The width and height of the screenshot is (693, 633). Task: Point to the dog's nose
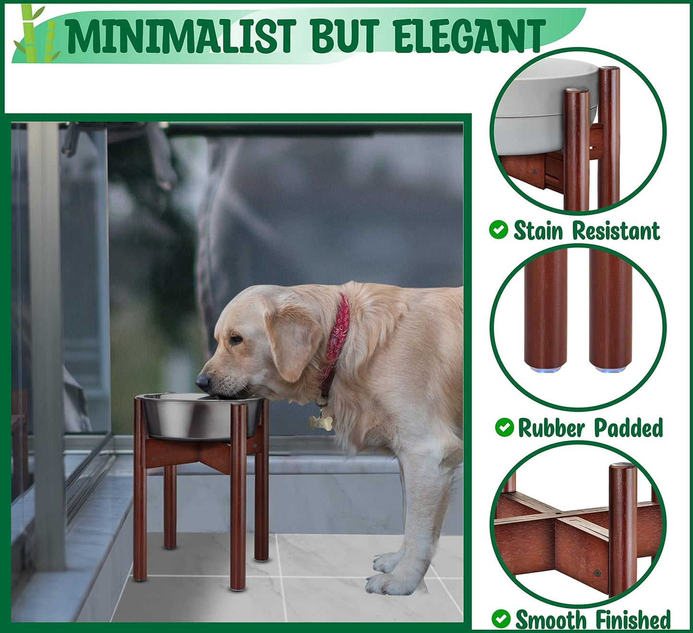click(x=202, y=381)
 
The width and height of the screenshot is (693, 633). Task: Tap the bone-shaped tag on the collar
click(x=320, y=422)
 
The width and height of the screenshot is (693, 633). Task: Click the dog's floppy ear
click(x=288, y=345)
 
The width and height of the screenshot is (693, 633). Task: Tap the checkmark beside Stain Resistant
click(x=499, y=230)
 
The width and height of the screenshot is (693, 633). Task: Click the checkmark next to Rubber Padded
click(x=504, y=427)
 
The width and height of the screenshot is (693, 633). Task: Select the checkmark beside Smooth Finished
click(x=501, y=619)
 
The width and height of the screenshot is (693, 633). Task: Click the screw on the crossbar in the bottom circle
click(x=597, y=573)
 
